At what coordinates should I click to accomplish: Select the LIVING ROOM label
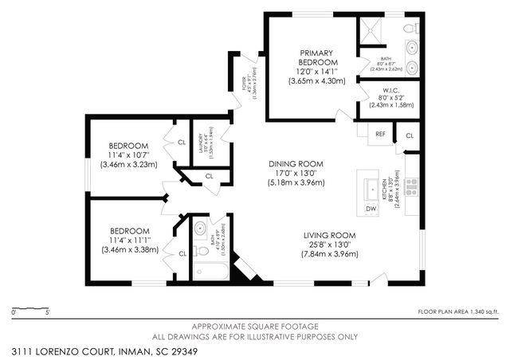[329, 235]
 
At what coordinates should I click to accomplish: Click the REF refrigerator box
[381, 134]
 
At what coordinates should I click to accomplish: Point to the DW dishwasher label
[371, 209]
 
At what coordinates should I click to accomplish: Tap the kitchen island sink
[371, 188]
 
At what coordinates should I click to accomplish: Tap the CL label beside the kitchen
[410, 136]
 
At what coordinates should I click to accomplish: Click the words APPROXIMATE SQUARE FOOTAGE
[254, 327]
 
